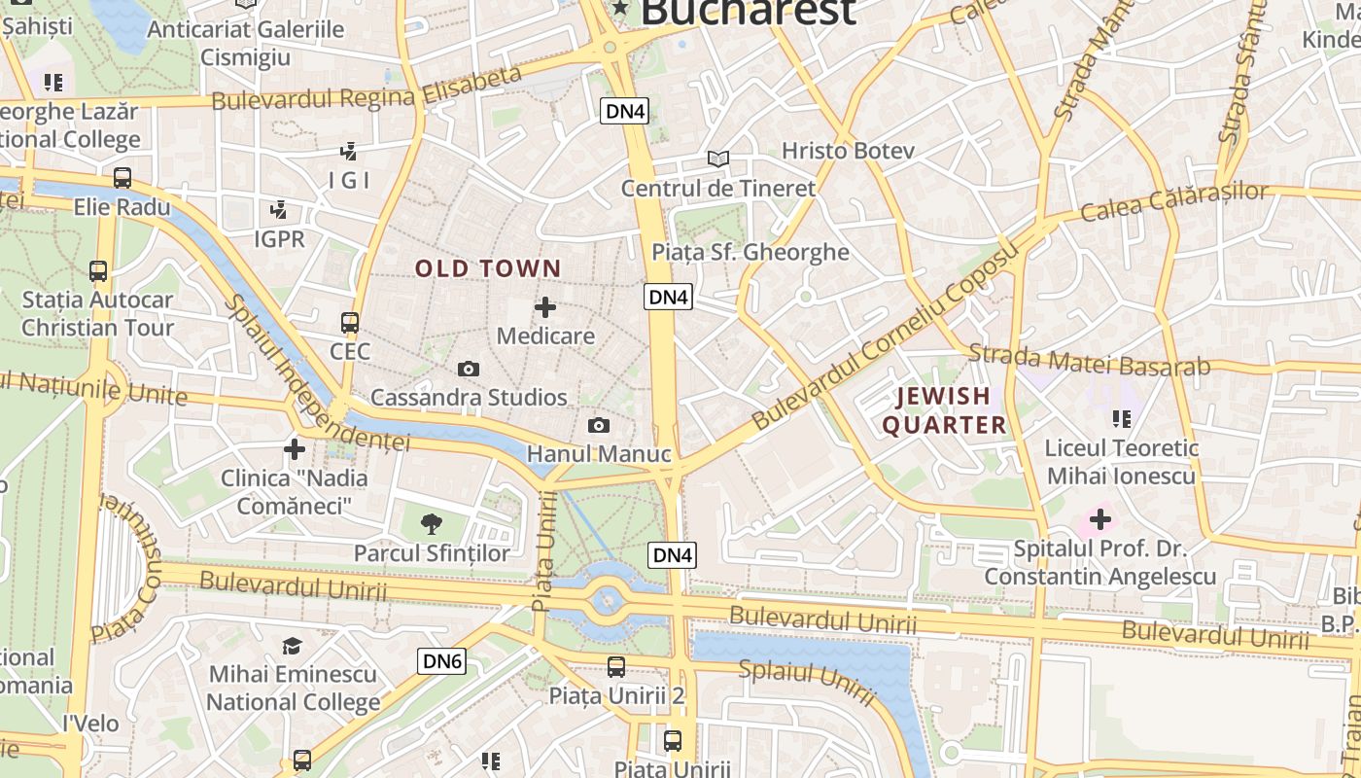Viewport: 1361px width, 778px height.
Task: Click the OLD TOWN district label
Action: pos(488,268)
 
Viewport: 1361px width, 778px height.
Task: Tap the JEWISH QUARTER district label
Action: pos(943,410)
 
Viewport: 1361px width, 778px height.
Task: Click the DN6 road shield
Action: pos(442,661)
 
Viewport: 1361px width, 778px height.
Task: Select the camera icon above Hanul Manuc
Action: pos(599,425)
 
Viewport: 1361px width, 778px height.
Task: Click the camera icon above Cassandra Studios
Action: pos(469,369)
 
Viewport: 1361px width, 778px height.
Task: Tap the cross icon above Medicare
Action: pos(545,307)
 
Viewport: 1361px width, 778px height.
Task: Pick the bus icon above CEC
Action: pos(350,322)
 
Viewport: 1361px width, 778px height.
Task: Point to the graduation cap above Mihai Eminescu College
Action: pos(293,646)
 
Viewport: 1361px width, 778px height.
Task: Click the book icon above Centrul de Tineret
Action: pos(717,159)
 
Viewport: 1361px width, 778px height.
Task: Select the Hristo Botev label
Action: pos(849,151)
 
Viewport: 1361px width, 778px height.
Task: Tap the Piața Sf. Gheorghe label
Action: pos(750,253)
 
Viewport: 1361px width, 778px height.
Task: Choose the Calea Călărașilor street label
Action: pos(1174,201)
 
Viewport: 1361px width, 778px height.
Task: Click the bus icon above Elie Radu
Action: pos(122,178)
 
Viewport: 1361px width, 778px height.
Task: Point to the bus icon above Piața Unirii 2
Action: pos(616,666)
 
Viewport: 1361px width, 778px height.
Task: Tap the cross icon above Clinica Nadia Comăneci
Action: pos(295,448)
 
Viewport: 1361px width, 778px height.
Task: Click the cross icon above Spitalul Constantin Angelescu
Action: pos(1099,519)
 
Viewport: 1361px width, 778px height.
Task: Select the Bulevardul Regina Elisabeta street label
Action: pos(366,88)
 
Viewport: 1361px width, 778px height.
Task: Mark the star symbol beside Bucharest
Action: pos(619,10)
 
